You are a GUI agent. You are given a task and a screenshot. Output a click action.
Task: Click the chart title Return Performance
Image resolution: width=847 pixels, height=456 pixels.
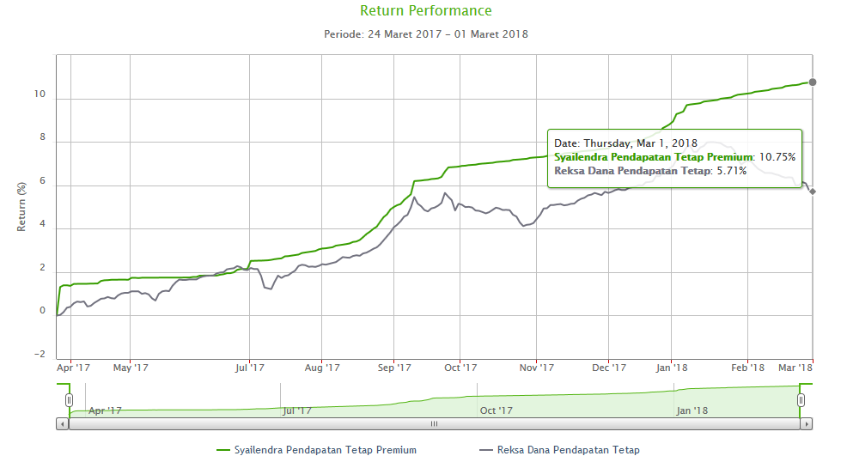[425, 11]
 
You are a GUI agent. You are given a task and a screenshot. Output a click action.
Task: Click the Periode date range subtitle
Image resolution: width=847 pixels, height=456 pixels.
[425, 34]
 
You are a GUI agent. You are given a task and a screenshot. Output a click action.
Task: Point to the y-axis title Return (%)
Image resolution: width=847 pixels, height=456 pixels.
[22, 206]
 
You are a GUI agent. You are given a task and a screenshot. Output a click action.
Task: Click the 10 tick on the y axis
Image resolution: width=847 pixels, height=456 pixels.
[40, 94]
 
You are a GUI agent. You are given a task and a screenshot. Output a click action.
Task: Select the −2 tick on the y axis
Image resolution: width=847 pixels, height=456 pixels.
[38, 355]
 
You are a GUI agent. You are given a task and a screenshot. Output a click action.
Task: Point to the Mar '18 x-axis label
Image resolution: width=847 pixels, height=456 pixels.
[795, 368]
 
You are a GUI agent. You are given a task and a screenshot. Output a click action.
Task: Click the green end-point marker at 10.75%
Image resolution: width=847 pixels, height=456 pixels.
[813, 82]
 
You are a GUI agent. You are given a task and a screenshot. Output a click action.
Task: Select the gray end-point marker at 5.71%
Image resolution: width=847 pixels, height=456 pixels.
[813, 192]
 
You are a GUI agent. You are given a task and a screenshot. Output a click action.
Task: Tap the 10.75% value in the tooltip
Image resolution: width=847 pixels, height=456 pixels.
[776, 157]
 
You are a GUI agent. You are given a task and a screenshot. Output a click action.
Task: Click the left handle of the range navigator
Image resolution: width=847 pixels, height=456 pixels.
[69, 400]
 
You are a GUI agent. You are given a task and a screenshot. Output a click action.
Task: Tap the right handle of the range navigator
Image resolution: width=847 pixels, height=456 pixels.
[801, 400]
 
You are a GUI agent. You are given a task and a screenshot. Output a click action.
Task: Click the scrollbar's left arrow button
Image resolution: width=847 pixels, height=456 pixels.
[62, 423]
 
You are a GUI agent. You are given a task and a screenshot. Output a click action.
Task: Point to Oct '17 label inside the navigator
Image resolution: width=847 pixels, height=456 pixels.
[497, 410]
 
